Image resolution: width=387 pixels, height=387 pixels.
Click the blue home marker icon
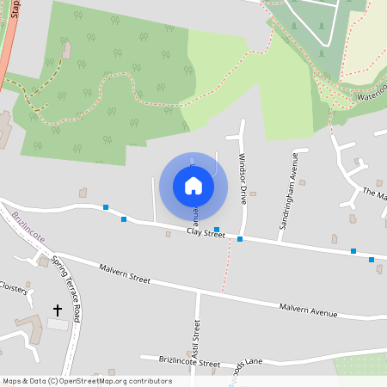coord(193,186)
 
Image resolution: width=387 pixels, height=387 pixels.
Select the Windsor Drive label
coord(243,179)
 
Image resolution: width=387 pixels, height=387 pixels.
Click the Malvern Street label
coord(125,274)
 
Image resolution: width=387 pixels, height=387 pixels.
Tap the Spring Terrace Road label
coord(66,287)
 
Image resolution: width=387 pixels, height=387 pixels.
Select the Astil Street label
coord(196,339)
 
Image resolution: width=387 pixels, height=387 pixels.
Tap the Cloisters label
coord(14,287)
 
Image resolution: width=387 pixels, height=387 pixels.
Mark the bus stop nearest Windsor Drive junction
coord(240,238)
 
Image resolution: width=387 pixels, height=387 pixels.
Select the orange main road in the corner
coord(7,52)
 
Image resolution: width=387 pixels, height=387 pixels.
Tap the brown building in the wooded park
coord(66,49)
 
